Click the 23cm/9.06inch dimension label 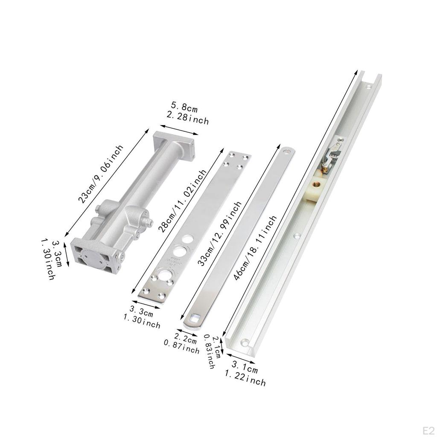pyautogui.click(x=100, y=174)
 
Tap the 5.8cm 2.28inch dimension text pyautogui.click(x=187, y=114)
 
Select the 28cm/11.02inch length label pyautogui.click(x=182, y=201)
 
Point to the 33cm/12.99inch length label pyautogui.click(x=219, y=233)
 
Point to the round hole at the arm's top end pyautogui.click(x=286, y=152)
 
